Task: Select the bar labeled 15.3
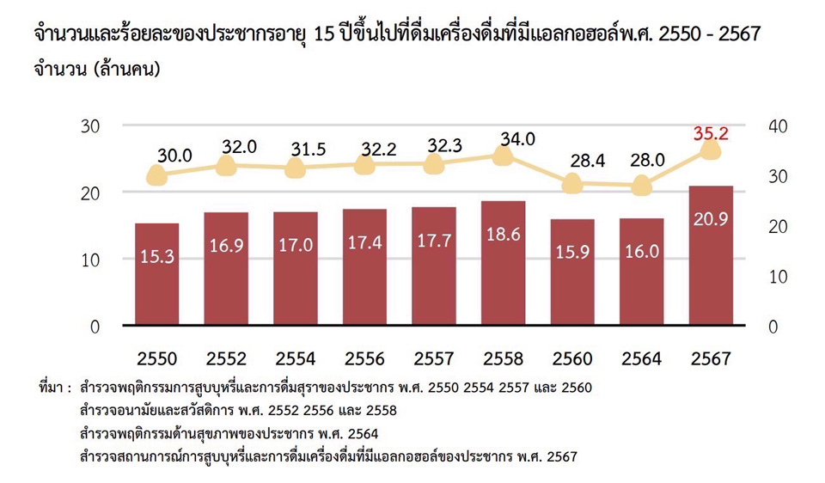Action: tap(156, 274)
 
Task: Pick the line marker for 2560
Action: tap(572, 184)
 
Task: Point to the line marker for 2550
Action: tap(156, 176)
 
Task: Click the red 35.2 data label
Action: tap(711, 133)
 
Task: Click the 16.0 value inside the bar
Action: tap(641, 251)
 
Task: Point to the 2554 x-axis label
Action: tap(295, 358)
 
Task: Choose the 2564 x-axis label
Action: tap(641, 358)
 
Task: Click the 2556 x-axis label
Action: tap(364, 358)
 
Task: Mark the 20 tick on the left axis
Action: tap(89, 193)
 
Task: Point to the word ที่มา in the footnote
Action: tap(53, 388)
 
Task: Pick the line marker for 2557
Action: tap(433, 164)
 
